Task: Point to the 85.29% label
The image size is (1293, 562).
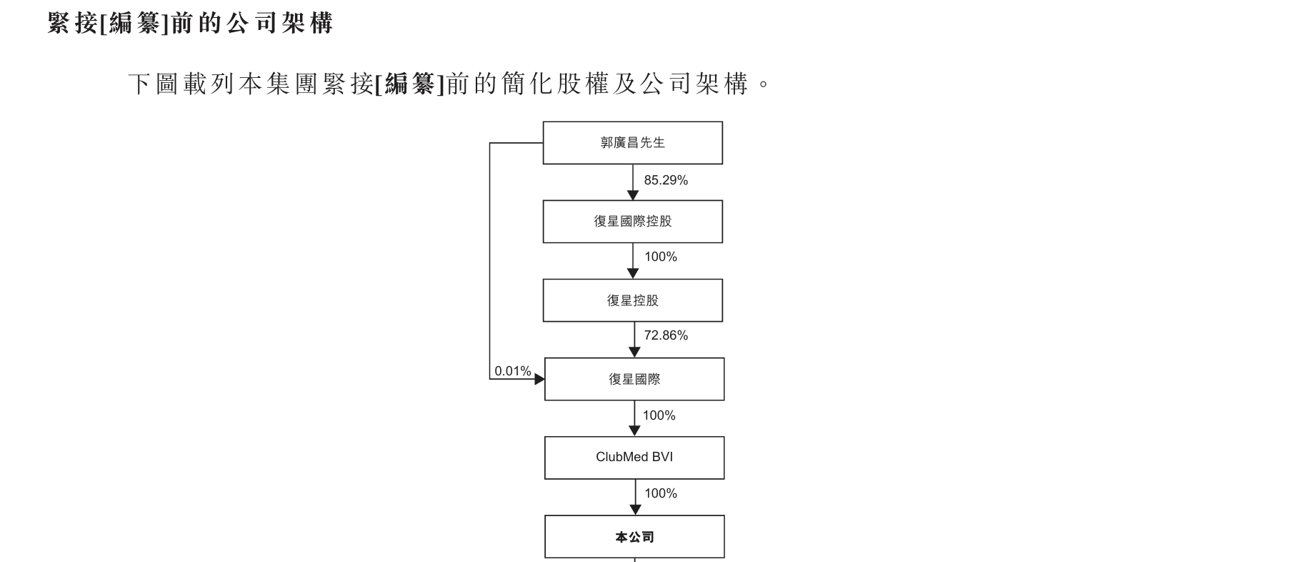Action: (666, 180)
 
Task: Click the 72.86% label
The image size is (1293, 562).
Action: (666, 335)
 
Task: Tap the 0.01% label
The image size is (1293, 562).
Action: (513, 371)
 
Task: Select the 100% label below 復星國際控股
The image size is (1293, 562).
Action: (661, 257)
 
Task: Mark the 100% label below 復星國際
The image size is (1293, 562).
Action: (659, 415)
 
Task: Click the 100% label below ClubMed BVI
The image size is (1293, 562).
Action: (661, 493)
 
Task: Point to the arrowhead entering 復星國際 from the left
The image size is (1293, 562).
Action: (539, 379)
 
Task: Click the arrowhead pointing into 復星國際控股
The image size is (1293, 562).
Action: (632, 195)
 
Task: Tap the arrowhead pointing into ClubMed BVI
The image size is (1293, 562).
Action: (634, 431)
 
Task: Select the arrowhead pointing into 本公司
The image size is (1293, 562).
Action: (635, 510)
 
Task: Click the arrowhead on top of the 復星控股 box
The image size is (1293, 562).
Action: (632, 274)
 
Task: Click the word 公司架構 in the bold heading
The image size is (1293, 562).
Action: (280, 23)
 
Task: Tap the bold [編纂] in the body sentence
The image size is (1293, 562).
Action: (410, 84)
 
